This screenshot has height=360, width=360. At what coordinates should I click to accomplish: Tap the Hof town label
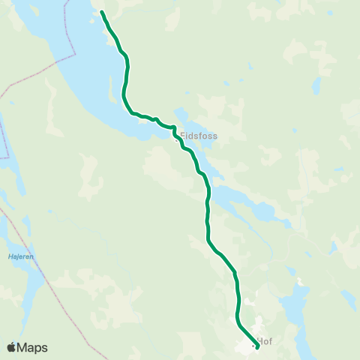pyautogui.click(x=263, y=340)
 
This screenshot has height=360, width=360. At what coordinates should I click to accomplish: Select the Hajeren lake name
pyautogui.click(x=21, y=256)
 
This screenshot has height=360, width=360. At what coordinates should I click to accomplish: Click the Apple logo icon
pyautogui.click(x=11, y=347)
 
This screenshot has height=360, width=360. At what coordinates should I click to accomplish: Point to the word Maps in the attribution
pyautogui.click(x=33, y=347)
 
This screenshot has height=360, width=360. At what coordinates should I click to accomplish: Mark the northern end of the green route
pyautogui.click(x=102, y=12)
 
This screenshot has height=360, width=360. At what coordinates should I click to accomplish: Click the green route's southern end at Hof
pyautogui.click(x=257, y=346)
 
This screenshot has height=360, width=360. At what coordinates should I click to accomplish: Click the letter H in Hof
pyautogui.click(x=259, y=340)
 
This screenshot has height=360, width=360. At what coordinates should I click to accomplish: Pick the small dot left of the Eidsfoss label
pyautogui.click(x=178, y=138)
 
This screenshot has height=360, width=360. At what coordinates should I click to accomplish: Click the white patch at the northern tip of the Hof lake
pyautogui.click(x=301, y=283)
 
